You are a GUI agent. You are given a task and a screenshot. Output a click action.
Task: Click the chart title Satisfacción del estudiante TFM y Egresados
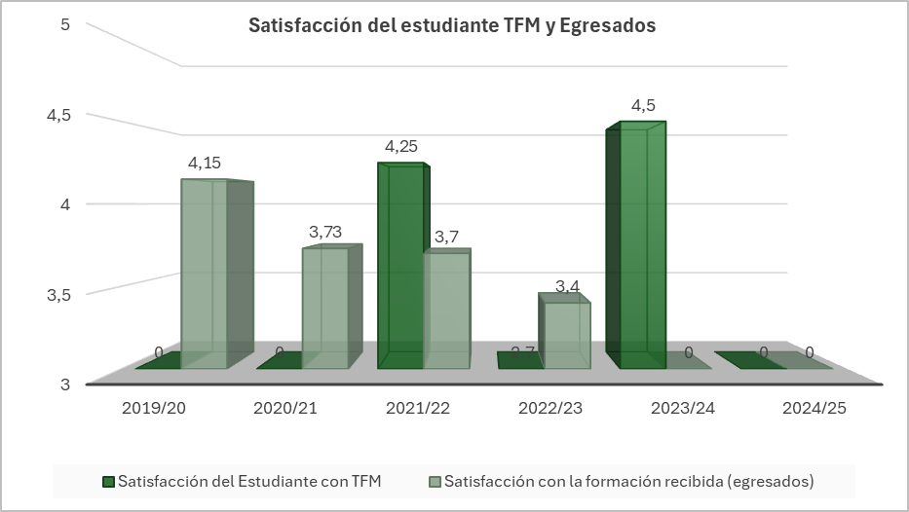click(x=452, y=26)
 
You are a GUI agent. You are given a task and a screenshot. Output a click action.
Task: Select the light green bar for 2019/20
click(x=204, y=274)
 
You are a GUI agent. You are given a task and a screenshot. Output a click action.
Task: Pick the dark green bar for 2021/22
click(x=400, y=267)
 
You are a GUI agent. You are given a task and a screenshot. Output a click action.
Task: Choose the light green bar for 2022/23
click(x=567, y=335)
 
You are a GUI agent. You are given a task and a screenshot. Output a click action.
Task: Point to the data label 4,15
click(x=205, y=163)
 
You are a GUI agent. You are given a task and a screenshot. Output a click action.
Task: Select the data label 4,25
click(x=401, y=147)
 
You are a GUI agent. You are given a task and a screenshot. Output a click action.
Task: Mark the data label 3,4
click(x=569, y=285)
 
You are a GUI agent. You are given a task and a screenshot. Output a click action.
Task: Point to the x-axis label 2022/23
click(x=550, y=408)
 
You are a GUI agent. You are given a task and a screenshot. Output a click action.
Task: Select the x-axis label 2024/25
click(x=814, y=408)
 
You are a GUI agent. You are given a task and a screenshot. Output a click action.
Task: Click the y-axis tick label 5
click(x=65, y=24)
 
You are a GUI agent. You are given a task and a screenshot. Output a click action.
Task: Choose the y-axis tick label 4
click(x=65, y=204)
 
